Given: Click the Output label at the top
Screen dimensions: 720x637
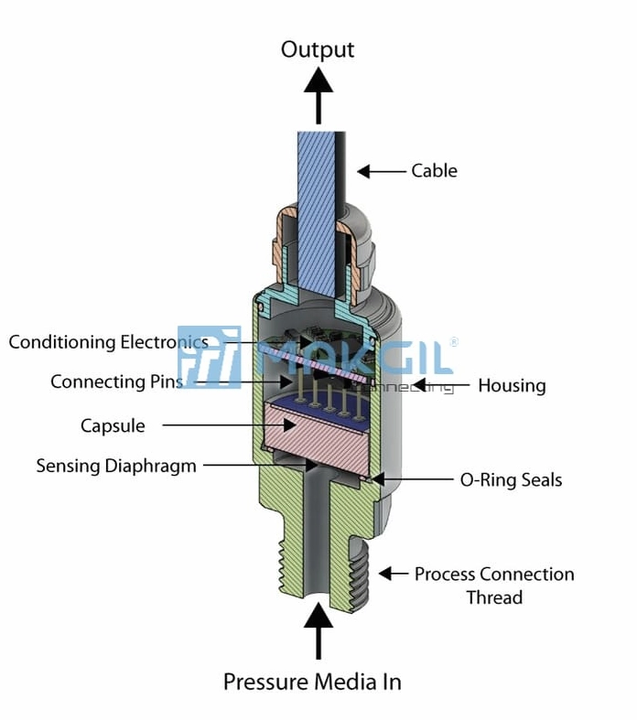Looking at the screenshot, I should pyautogui.click(x=317, y=49).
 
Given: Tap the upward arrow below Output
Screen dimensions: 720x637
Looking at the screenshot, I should pyautogui.click(x=318, y=96).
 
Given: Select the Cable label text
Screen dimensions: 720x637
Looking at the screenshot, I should pyautogui.click(x=434, y=171).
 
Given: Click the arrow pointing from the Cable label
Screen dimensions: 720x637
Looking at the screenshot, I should pyautogui.click(x=380, y=171).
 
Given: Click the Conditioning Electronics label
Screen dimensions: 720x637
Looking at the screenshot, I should pyautogui.click(x=108, y=342).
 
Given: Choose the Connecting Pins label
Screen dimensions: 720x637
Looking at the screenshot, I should pyautogui.click(x=116, y=381).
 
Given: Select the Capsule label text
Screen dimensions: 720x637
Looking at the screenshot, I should pyautogui.click(x=113, y=425).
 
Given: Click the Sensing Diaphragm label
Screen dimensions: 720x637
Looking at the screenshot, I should pyautogui.click(x=116, y=466).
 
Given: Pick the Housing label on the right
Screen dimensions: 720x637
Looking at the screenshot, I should pyautogui.click(x=512, y=385).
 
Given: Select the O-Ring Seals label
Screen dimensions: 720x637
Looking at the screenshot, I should pyautogui.click(x=511, y=479).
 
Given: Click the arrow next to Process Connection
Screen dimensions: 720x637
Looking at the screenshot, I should pyautogui.click(x=393, y=574).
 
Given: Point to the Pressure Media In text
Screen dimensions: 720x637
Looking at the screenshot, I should pyautogui.click(x=312, y=682).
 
